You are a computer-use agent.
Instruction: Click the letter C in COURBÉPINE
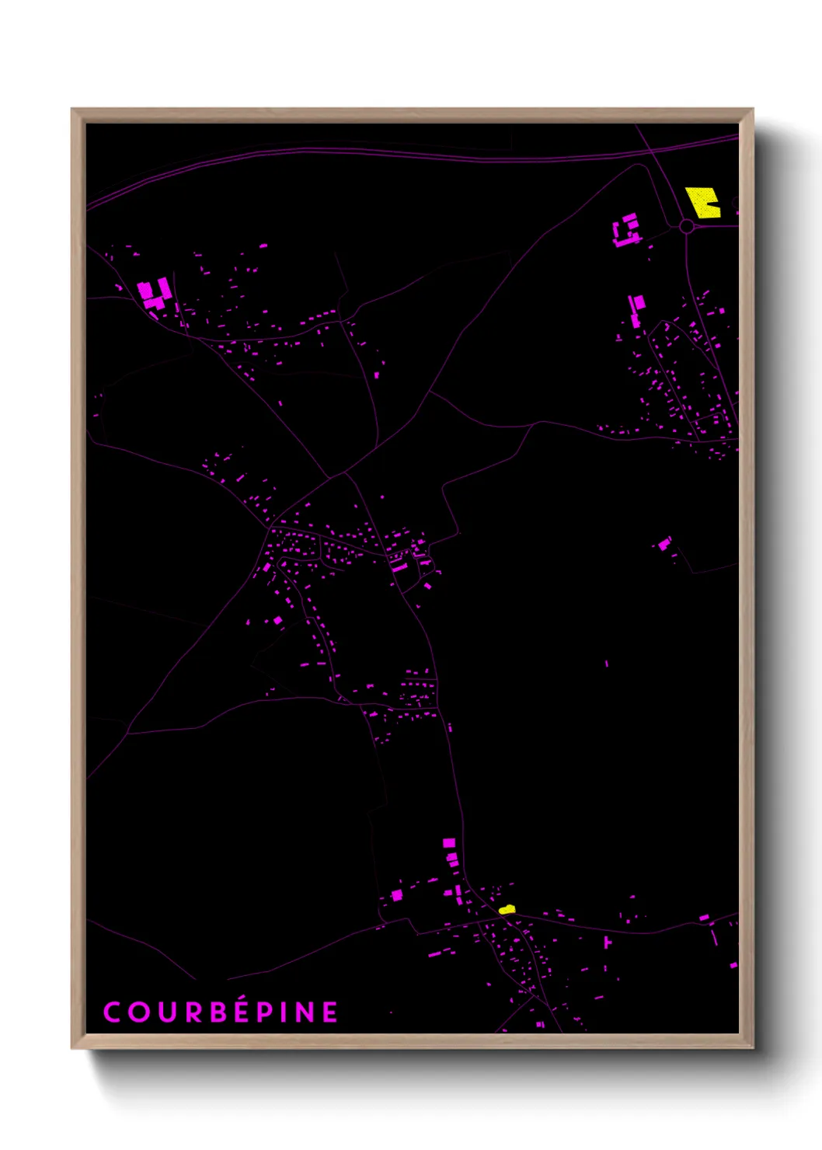point(112,1012)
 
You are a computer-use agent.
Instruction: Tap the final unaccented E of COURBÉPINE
point(331,1012)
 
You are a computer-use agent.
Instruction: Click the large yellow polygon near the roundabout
point(703,202)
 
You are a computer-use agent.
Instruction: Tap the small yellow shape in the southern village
point(507,908)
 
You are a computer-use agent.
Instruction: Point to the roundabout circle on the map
point(686,226)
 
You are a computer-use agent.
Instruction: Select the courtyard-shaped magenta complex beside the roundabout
point(627,231)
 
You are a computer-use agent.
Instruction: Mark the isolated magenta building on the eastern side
point(664,543)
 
